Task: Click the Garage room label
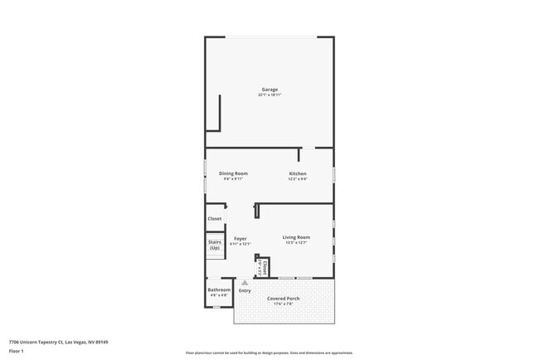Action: click(x=269, y=90)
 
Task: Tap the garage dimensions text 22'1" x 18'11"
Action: click(x=269, y=95)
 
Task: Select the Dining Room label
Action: click(x=233, y=173)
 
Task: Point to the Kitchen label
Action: click(x=297, y=173)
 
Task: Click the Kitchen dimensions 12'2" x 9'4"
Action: click(x=297, y=178)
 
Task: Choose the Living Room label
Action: click(x=296, y=237)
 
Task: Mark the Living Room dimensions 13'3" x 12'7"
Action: click(x=296, y=242)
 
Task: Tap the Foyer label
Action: click(x=240, y=238)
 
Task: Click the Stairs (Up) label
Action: click(x=215, y=245)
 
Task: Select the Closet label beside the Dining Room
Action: click(x=215, y=219)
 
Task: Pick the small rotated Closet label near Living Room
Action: click(x=265, y=267)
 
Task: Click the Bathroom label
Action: click(x=219, y=289)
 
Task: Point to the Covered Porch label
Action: click(x=284, y=298)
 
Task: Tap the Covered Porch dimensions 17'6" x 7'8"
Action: click(x=284, y=304)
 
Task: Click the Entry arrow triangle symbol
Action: click(x=245, y=283)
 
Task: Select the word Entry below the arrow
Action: click(x=245, y=290)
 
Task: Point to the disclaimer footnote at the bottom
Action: click(x=269, y=353)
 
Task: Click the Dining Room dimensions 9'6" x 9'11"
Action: click(x=233, y=178)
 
